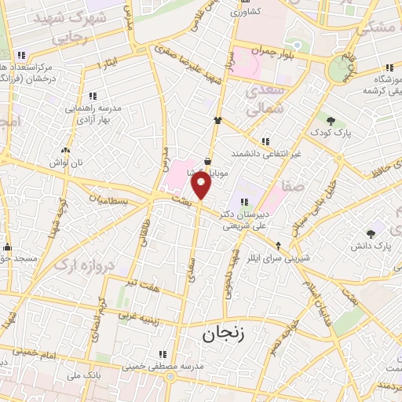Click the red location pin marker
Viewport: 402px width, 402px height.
(x=203, y=185)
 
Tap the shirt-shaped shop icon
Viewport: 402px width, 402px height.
(x=218, y=121)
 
